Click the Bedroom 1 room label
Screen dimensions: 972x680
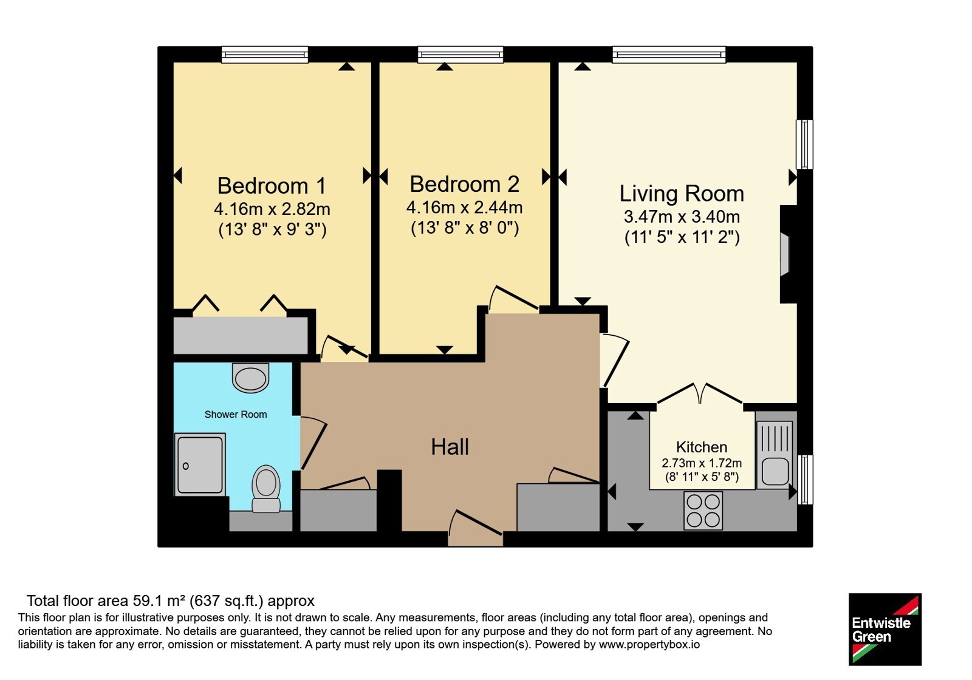point(272,186)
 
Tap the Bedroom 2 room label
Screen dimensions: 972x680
point(464,185)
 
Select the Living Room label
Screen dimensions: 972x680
point(682,194)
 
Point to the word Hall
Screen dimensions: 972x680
point(450,447)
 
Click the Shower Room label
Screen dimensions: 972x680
point(236,415)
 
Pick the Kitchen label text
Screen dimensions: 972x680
point(702,447)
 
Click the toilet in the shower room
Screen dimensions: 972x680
point(266,489)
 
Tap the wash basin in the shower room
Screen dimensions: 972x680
point(251,377)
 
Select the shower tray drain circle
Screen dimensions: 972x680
point(186,466)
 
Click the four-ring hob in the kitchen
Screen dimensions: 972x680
point(703,511)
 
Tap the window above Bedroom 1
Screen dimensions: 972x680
point(265,55)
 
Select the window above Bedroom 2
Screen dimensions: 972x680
point(460,55)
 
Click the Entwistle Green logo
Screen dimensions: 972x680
point(885,629)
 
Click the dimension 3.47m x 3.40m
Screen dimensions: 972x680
point(682,216)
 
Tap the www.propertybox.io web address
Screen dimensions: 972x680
point(649,644)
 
